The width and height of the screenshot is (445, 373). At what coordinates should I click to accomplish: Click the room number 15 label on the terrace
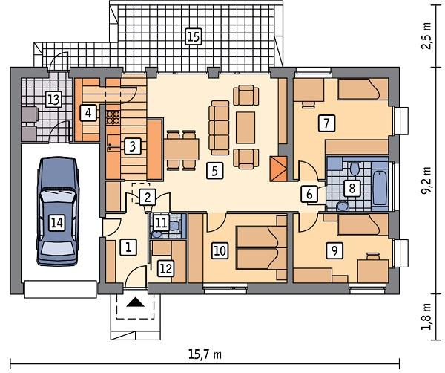[194, 36]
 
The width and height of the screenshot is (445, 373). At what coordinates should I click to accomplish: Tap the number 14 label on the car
[57, 223]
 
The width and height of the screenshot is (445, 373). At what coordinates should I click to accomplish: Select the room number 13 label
[53, 100]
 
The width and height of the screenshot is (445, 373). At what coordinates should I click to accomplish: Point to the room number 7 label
[326, 123]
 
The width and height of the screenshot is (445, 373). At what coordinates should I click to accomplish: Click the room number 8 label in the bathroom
[352, 188]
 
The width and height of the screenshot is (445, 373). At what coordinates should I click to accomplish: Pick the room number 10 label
[220, 250]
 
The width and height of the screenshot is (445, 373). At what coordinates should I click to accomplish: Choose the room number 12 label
[166, 268]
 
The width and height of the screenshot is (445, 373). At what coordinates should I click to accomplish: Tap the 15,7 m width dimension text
[205, 355]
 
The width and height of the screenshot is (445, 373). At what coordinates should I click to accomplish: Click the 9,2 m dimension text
[426, 181]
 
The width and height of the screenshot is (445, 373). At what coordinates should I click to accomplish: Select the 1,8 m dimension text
[426, 317]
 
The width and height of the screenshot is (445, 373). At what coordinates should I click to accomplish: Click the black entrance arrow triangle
[136, 302]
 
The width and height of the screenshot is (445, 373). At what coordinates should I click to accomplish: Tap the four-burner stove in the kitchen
[113, 117]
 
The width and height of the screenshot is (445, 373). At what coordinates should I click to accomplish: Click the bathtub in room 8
[380, 188]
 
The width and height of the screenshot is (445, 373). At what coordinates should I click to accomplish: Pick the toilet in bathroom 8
[354, 169]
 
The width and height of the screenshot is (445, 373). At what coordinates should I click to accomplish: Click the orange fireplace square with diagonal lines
[278, 169]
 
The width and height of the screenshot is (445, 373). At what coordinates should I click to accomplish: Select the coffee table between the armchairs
[245, 127]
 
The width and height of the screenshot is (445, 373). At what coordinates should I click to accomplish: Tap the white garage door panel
[61, 289]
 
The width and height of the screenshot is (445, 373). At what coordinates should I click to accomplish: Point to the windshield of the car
[57, 196]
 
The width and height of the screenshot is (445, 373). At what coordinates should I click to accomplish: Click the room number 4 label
[88, 113]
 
